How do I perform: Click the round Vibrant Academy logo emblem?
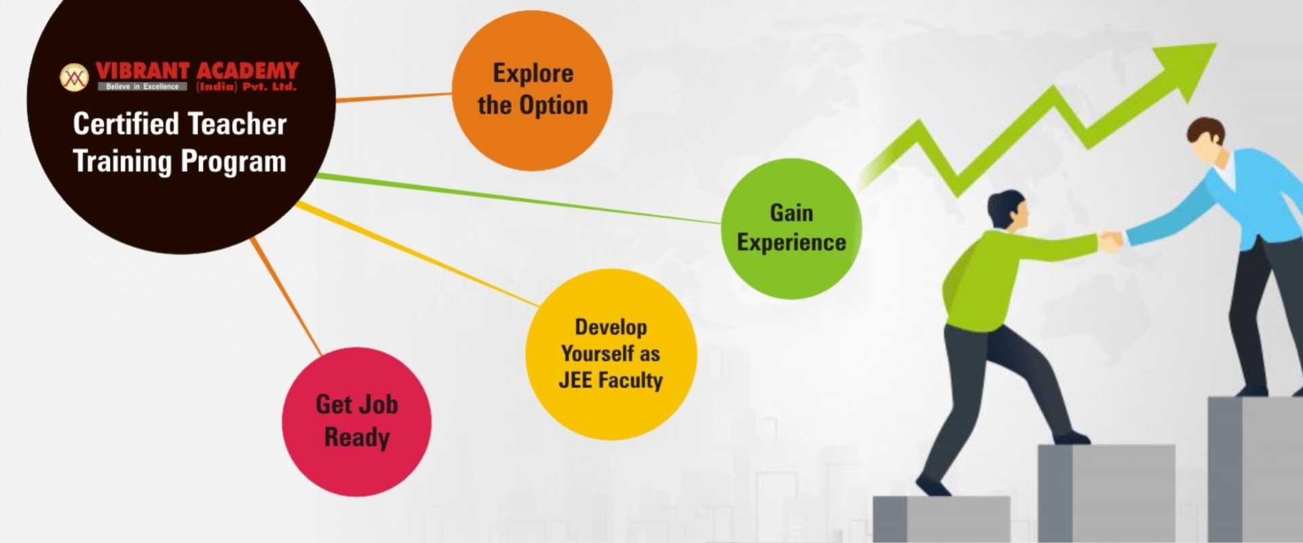74,77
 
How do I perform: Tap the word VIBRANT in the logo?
143,71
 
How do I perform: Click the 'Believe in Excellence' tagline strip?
142,87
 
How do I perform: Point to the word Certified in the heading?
126,124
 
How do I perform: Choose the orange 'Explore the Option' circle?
532,90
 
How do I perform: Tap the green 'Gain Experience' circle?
791,229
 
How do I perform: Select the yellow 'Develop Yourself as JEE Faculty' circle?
611,354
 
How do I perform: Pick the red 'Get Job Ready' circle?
356,422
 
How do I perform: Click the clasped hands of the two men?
1112,242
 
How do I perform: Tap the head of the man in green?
1008,210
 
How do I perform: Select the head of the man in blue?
1207,140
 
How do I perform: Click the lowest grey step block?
941,519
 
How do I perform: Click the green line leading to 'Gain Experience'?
519,198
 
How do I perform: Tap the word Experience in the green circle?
791,243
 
